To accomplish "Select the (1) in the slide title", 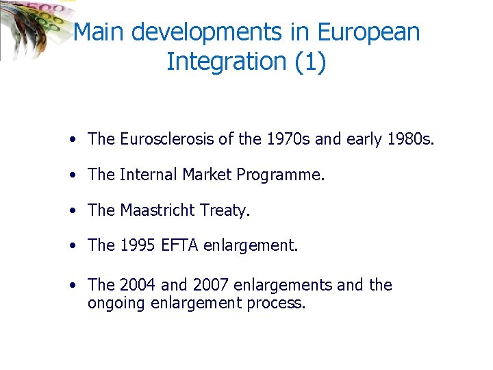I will coord(310,62).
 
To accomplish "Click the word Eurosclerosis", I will coord(166,139).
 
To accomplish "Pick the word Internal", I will coord(149,175).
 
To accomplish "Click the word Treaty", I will coord(225,211).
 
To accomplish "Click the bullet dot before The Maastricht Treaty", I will coord(72,211).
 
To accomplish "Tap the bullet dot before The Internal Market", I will coord(72,175).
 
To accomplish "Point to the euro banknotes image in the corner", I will coord(31,27).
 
